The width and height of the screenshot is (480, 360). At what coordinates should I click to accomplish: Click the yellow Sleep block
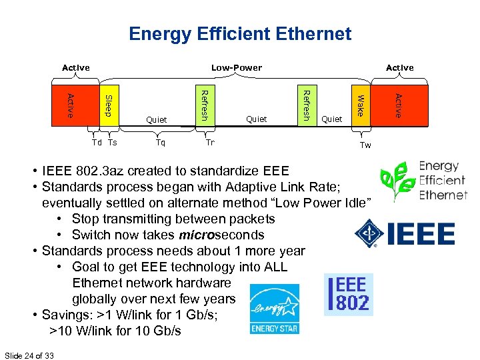point(109,105)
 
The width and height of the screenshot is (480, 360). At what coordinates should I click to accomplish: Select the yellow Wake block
point(360,105)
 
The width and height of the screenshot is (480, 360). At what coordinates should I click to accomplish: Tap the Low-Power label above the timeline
point(237,67)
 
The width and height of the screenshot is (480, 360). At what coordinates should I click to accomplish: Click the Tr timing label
point(210,141)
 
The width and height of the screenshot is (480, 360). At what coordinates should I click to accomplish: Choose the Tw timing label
point(365,145)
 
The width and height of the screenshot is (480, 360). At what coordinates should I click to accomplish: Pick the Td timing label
point(97,141)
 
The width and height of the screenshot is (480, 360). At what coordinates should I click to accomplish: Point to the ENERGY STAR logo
point(275,309)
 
